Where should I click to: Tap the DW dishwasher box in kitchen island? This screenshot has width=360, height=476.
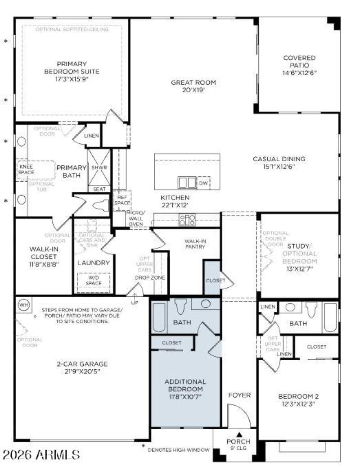pyautogui.click(x=203, y=183)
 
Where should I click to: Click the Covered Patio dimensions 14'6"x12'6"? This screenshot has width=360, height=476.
pyautogui.click(x=299, y=73)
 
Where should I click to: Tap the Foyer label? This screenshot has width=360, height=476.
pyautogui.click(x=239, y=395)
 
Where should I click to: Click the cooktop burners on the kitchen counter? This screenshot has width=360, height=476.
pyautogui.click(x=187, y=220)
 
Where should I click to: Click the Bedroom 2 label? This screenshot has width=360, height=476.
pyautogui.click(x=298, y=396)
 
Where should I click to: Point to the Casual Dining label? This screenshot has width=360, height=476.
pyautogui.click(x=279, y=159)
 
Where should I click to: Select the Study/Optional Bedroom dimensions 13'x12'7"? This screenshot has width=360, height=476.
pyautogui.click(x=299, y=269)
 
